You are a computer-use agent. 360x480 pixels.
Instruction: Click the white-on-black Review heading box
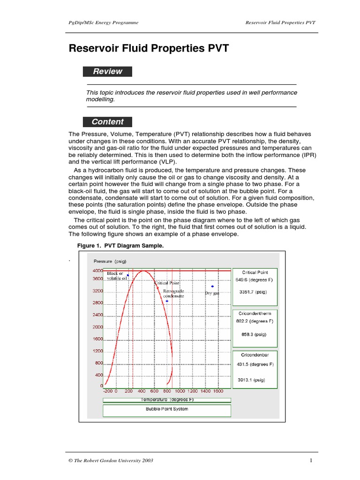(107, 72)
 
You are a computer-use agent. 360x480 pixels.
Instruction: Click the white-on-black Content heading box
(107, 122)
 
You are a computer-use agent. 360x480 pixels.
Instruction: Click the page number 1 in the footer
(311, 460)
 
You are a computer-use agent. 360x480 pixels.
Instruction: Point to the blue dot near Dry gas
(212, 286)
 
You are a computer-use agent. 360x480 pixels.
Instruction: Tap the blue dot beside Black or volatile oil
(127, 275)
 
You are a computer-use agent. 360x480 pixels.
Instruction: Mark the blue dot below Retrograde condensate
(167, 301)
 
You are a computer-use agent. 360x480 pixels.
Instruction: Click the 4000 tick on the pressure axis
(97, 271)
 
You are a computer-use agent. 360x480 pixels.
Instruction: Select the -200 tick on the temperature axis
(108, 390)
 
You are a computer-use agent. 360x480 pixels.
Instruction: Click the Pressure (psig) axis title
(110, 261)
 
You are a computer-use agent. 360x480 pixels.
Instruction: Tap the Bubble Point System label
(167, 409)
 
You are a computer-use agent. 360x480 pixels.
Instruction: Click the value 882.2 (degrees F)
(255, 321)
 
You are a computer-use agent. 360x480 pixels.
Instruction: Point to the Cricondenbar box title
(255, 355)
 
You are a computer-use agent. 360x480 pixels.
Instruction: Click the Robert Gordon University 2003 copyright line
(111, 460)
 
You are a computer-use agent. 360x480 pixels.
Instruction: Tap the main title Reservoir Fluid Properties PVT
(149, 48)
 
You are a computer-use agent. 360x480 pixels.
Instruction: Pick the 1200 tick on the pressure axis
(97, 351)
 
